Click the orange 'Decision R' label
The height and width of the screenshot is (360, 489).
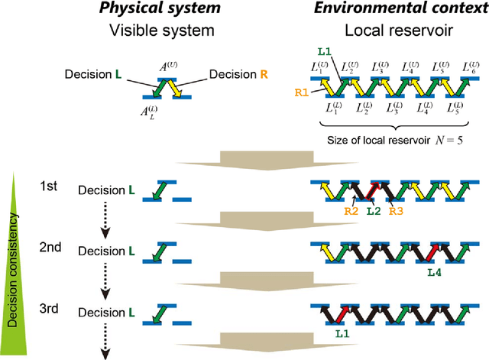231,76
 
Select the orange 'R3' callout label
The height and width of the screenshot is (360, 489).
397,210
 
